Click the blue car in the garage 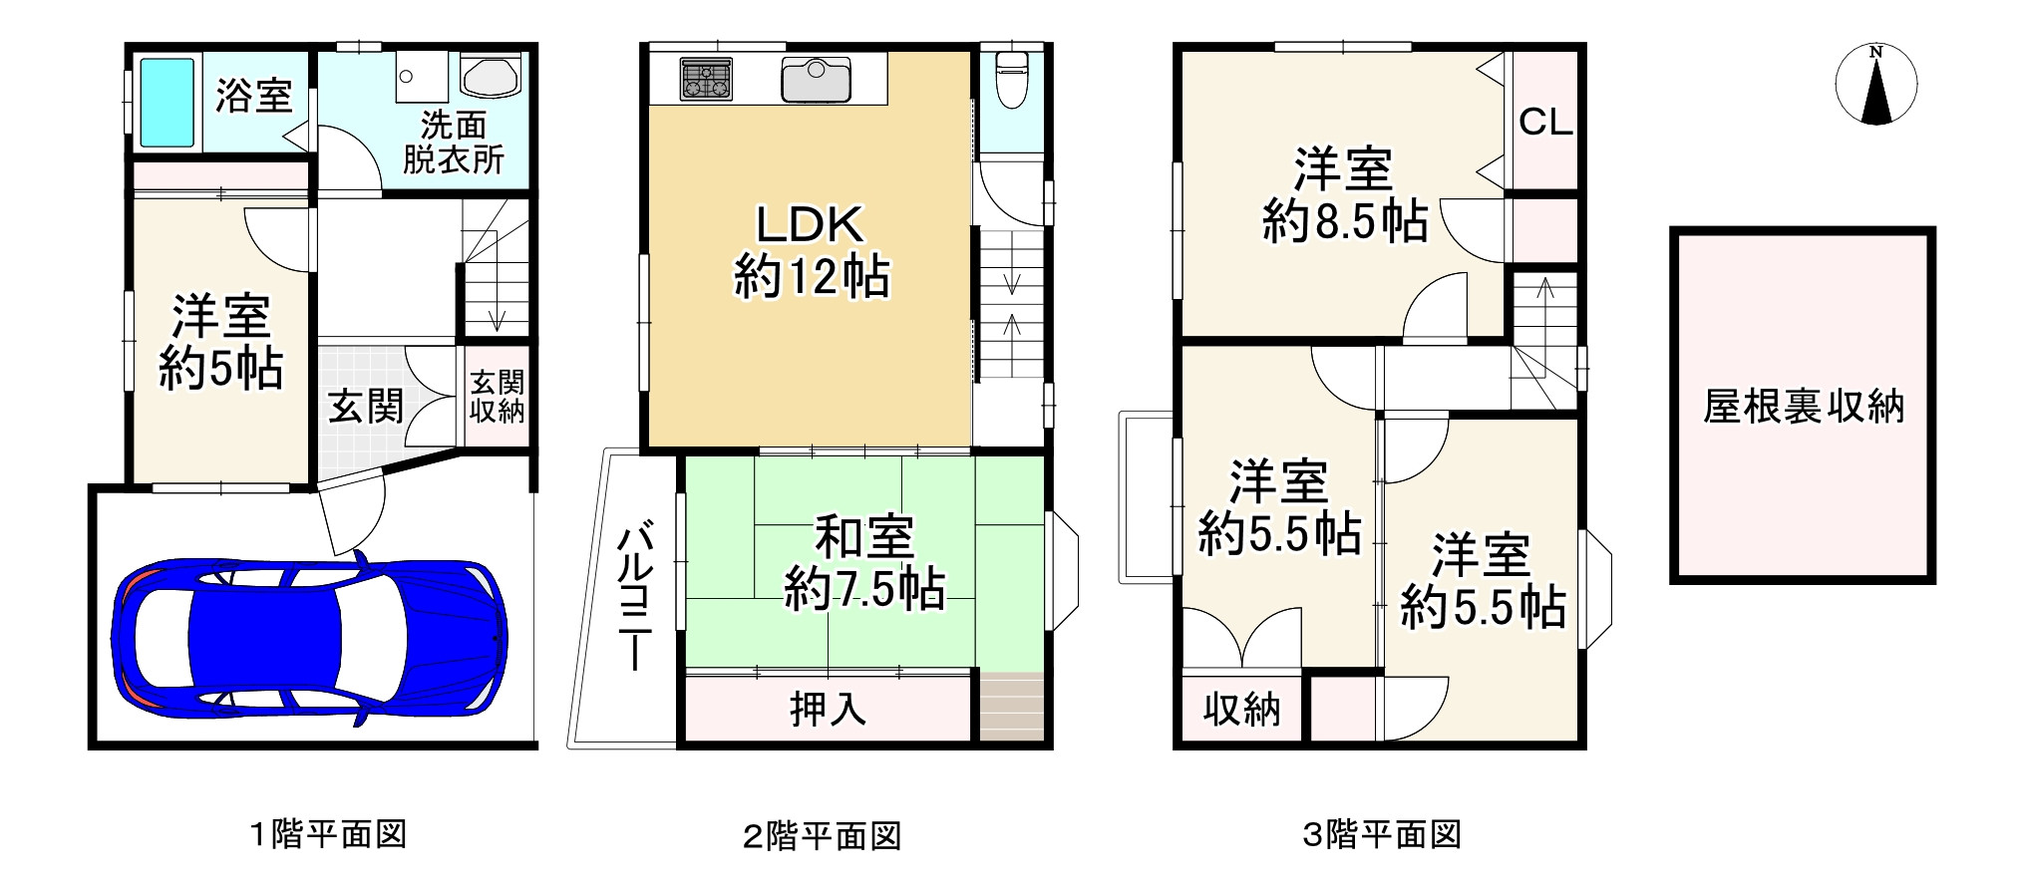point(309,638)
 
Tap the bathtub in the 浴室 point(167,102)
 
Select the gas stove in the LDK point(706,80)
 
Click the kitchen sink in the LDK point(816,80)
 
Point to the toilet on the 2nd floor point(1011,78)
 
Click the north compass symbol point(1875,86)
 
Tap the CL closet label point(1545,123)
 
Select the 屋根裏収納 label point(1803,407)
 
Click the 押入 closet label point(828,709)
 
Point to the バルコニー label point(635,598)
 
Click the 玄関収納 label point(497,397)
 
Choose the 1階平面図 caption point(328,833)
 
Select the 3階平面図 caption point(1382,833)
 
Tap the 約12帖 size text point(812,276)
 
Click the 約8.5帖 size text point(1344,220)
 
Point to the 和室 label point(864,537)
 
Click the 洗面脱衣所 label point(454,142)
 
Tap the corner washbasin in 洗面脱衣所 point(491,77)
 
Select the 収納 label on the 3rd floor point(1241,710)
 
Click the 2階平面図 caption point(822,835)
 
